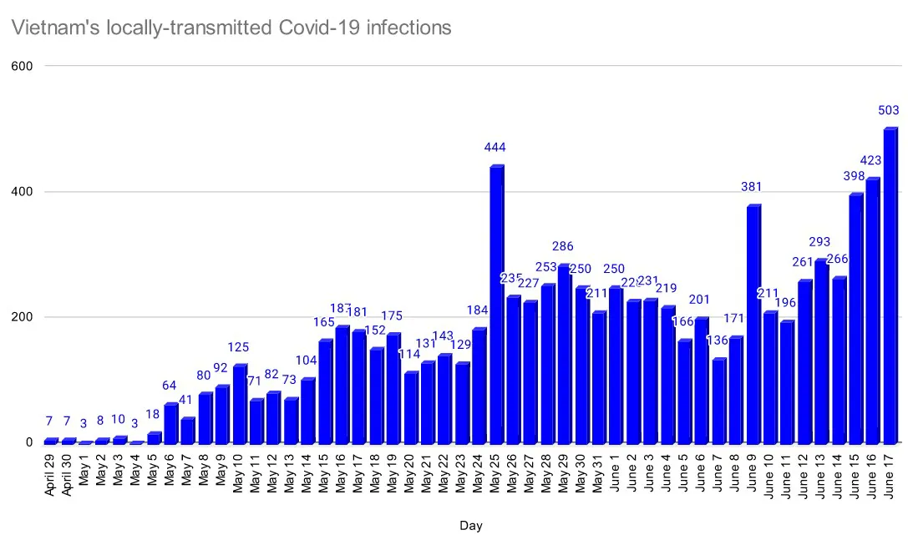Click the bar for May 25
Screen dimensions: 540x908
pos(496,305)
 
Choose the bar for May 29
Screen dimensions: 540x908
pos(565,354)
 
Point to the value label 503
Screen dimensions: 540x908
pos(890,110)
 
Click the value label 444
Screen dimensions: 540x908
pos(496,148)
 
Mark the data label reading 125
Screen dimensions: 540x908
pos(239,347)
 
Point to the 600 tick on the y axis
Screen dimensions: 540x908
pos(22,66)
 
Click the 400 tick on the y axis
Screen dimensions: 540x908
pos(22,192)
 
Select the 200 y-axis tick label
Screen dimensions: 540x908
pos(22,317)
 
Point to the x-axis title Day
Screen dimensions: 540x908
pos(470,526)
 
